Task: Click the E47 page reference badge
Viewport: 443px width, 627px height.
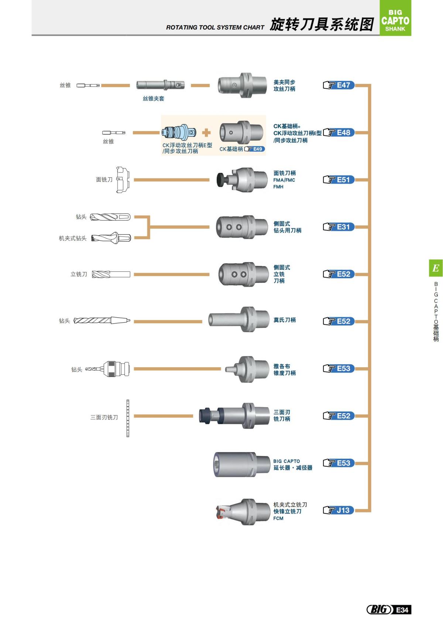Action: coord(339,85)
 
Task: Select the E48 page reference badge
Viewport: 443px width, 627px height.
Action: coord(339,133)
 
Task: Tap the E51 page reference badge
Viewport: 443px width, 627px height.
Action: coord(339,180)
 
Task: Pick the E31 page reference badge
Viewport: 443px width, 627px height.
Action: coord(339,227)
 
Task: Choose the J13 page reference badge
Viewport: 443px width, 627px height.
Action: coord(339,510)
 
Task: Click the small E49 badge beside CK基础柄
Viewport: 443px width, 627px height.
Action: coord(255,149)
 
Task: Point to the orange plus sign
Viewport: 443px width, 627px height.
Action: coord(206,133)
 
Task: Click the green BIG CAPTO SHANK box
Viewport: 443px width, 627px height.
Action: coord(395,18)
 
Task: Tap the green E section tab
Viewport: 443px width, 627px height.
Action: coord(436,268)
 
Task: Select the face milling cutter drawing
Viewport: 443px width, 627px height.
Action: coord(123,180)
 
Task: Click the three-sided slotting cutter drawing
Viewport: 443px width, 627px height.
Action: coord(128,418)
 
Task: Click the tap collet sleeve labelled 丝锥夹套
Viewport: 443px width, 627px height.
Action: coord(160,85)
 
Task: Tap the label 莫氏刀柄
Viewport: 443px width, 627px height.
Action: coord(284,320)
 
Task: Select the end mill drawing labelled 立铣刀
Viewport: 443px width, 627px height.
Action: coord(111,274)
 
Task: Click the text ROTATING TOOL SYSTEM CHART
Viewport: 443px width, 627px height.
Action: coord(215,27)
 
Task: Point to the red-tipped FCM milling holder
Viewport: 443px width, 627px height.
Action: coord(243,512)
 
